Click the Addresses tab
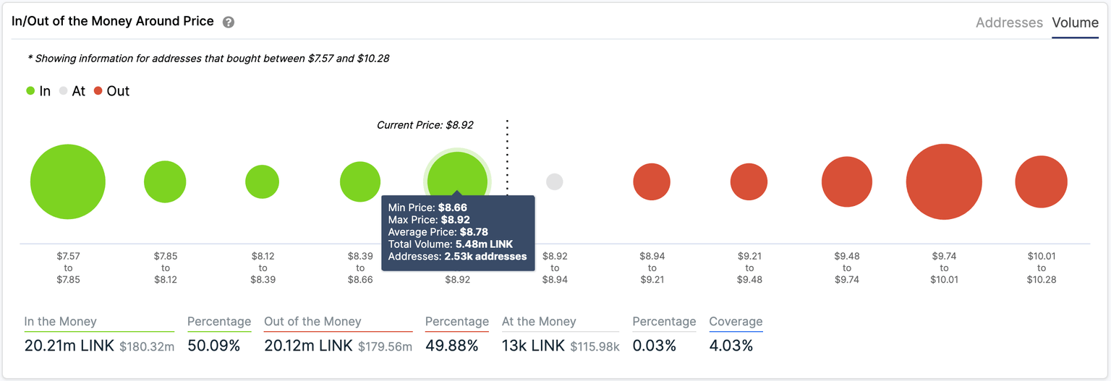(x=1008, y=22)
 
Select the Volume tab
(x=1075, y=22)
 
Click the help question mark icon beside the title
(x=229, y=22)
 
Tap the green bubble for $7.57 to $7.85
(x=68, y=181)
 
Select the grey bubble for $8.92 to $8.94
(x=555, y=181)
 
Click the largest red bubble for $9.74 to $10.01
(x=944, y=181)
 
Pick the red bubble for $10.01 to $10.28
(x=1041, y=181)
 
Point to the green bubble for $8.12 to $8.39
(x=263, y=181)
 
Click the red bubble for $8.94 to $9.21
(x=652, y=181)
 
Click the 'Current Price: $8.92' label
(x=425, y=125)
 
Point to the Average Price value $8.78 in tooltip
(x=474, y=232)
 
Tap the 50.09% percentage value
(x=213, y=346)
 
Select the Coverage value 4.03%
(x=731, y=346)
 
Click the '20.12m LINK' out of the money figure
(x=308, y=346)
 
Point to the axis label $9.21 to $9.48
(x=749, y=267)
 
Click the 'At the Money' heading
(x=539, y=322)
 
